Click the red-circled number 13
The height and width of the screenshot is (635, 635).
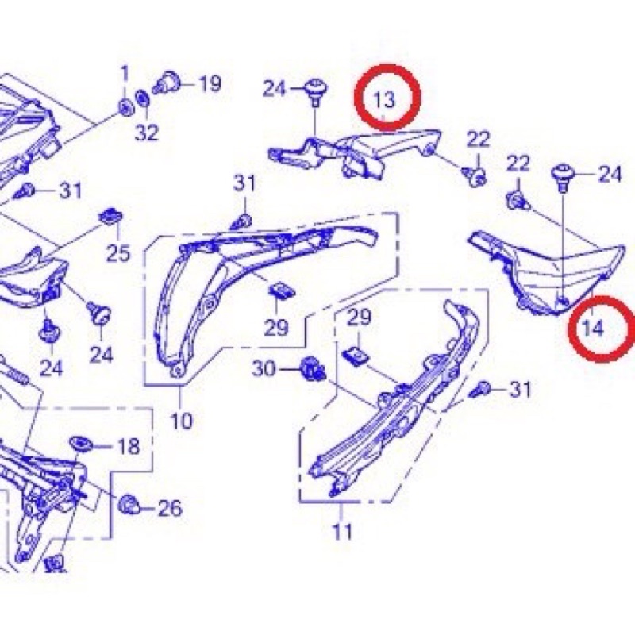tap(384, 99)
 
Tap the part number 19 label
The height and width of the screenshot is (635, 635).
tap(210, 83)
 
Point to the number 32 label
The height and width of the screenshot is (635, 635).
tap(147, 133)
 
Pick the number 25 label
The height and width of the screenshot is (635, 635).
tap(118, 254)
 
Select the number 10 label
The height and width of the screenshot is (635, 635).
tap(181, 420)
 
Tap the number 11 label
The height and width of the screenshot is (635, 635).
tap(342, 531)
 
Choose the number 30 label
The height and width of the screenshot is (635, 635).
tap(264, 368)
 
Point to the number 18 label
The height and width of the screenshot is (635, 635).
tap(129, 446)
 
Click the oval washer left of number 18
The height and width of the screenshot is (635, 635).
tap(83, 441)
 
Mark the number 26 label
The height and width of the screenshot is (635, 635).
tap(170, 508)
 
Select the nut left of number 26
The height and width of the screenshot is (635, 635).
tap(126, 502)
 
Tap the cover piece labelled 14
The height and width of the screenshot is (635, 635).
tap(548, 266)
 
